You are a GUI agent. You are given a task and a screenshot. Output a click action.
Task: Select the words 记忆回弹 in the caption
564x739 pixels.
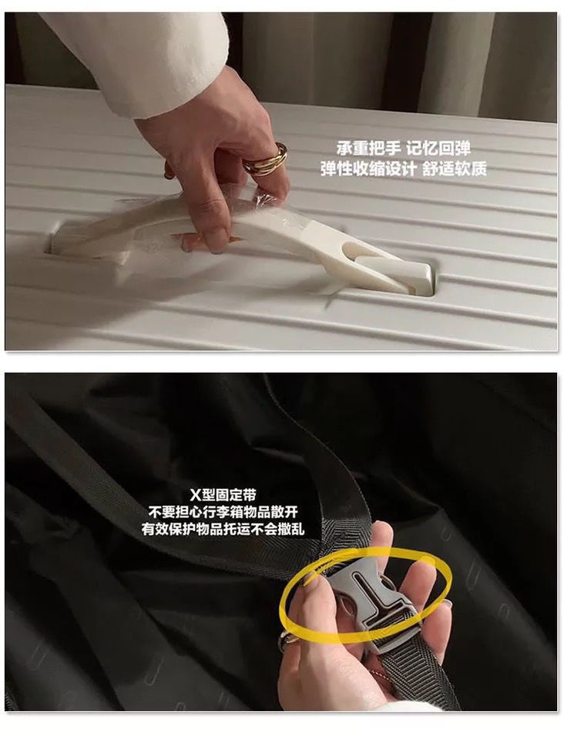point(438,149)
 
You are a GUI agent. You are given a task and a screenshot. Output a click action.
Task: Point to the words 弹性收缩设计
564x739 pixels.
point(368,169)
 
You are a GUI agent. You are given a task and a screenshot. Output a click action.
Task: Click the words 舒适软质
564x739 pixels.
point(455,169)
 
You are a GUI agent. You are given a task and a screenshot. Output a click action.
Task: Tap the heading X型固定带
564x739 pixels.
point(223,495)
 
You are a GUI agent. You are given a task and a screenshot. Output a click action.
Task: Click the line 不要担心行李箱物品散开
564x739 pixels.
point(223,512)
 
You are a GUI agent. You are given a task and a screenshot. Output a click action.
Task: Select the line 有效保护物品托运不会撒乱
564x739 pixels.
point(223,529)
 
